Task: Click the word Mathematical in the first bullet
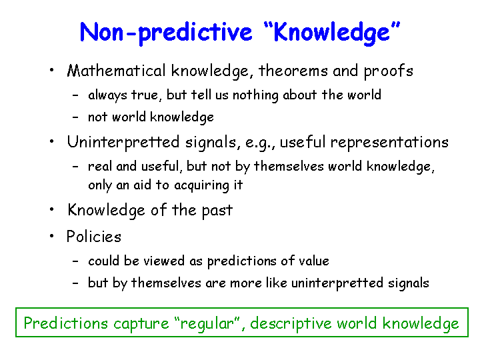[116, 71]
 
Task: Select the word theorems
[293, 71]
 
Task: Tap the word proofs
[389, 71]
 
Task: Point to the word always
[107, 95]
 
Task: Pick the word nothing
[255, 95]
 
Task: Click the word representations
[389, 143]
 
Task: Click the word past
[217, 211]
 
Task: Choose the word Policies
[94, 237]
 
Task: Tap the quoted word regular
[207, 324]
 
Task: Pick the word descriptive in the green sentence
[291, 324]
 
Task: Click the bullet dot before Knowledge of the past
[52, 210]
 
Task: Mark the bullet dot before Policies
[52, 236]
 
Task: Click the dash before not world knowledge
[75, 117]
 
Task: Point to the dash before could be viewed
[75, 261]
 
